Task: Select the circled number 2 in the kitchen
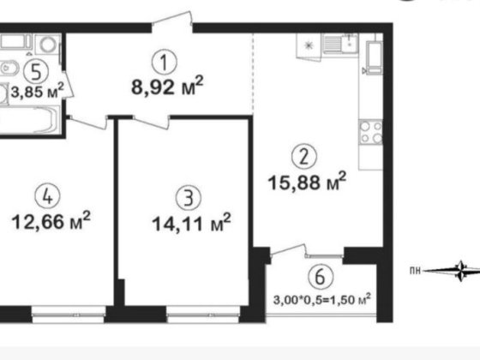point(301,157)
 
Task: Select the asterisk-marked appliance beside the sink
point(308,45)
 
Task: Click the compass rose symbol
point(461,271)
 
